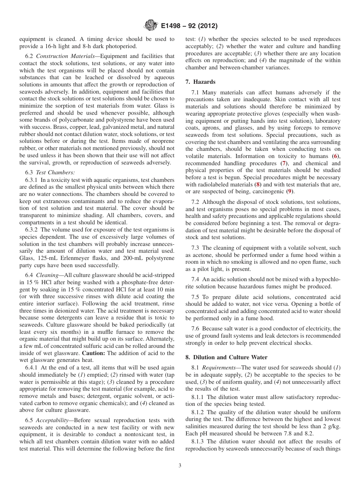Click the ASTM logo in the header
[151, 26]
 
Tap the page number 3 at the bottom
[180, 466]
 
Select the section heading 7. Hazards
[200, 82]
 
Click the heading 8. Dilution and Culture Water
[226, 357]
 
